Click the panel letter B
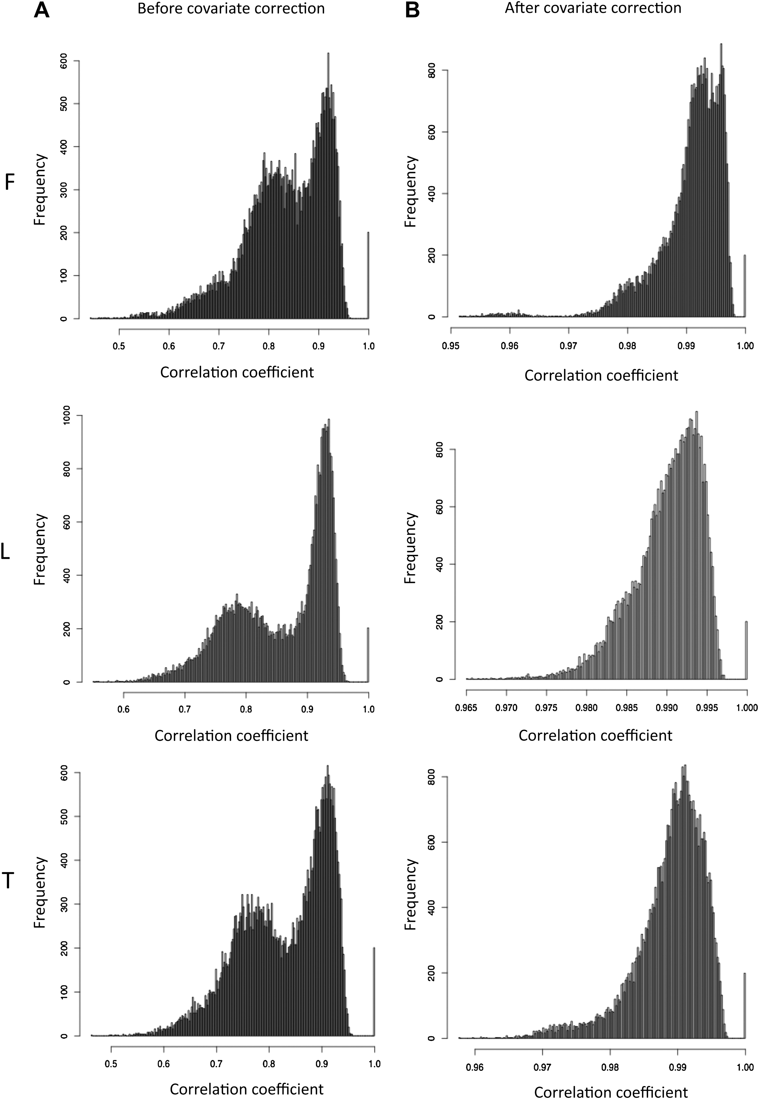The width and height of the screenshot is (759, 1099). click(412, 10)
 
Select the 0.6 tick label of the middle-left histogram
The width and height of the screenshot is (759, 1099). click(124, 709)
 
